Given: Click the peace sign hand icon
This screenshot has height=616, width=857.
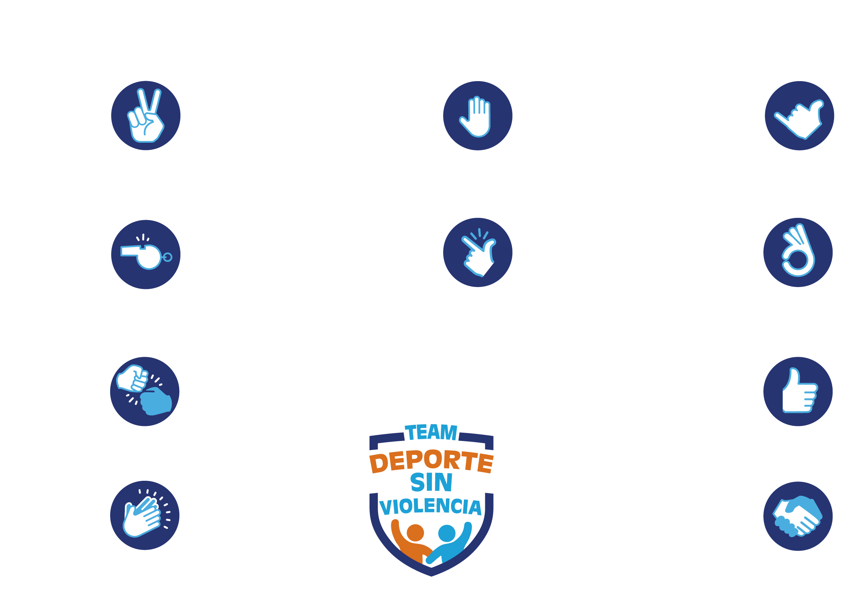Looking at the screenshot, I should (x=145, y=116).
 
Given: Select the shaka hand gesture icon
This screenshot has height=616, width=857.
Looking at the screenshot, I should (x=799, y=116).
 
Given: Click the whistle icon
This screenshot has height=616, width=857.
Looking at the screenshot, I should (x=145, y=255).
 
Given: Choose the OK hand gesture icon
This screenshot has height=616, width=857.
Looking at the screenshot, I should (x=798, y=252).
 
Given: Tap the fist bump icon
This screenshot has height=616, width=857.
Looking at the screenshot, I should (x=144, y=391).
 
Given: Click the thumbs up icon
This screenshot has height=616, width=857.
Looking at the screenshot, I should (x=798, y=391).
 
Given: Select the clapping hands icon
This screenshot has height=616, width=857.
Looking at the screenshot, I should (x=144, y=515).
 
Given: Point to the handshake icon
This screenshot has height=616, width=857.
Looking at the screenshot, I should (x=798, y=516).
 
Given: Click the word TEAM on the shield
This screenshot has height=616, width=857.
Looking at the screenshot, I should (x=431, y=432).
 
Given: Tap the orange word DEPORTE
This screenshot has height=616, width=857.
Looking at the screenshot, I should (x=431, y=461).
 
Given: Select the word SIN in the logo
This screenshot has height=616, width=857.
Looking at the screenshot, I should (x=431, y=482).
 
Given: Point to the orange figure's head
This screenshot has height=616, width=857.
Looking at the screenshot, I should (x=415, y=533).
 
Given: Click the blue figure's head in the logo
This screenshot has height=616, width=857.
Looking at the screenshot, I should (x=447, y=533).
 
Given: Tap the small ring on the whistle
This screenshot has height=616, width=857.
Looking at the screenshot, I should (x=167, y=257).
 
